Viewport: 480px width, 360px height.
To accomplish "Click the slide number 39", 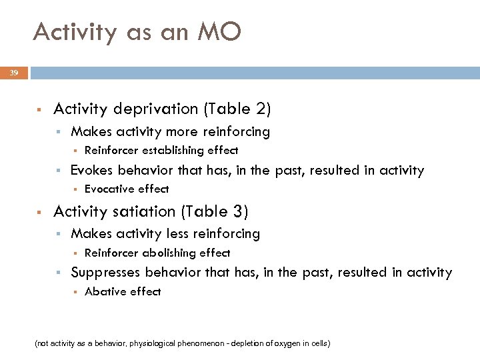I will click(x=13, y=73).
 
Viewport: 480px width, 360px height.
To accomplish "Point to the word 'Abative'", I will click(x=104, y=291).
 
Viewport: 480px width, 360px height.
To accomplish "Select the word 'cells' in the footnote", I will click(x=317, y=344).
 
